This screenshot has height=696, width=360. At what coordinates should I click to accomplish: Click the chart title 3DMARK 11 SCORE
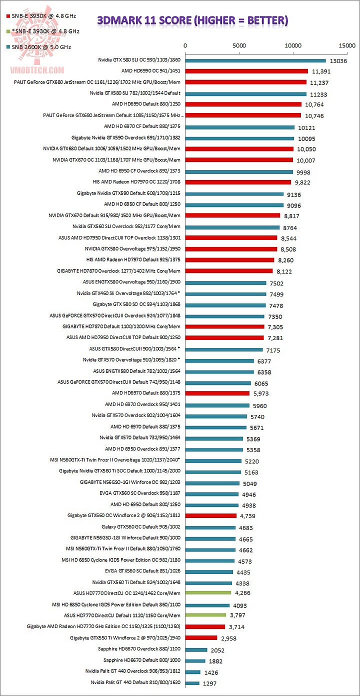point(192,20)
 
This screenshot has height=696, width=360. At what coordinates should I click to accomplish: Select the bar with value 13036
point(255,60)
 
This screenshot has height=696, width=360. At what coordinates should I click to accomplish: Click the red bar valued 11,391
point(246,71)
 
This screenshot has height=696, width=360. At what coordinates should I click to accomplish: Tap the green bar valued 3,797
point(205,614)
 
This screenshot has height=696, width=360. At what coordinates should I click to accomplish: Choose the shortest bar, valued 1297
point(192,682)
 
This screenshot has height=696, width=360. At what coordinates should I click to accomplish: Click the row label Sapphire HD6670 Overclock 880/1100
point(139,649)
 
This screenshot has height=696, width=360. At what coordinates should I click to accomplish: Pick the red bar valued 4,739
point(211,515)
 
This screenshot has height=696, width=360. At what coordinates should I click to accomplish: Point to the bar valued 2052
point(196,649)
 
